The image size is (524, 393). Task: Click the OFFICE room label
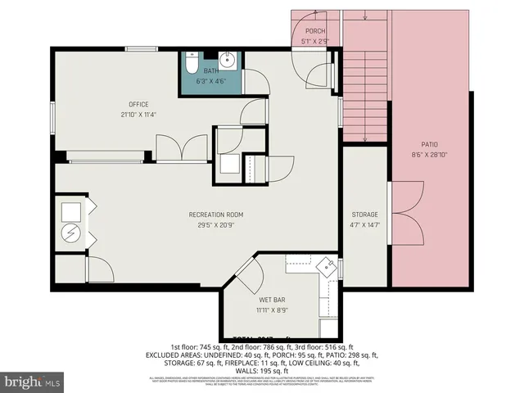coord(138,103)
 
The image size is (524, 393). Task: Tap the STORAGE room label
coord(364,215)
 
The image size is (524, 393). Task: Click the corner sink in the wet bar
coord(327,266)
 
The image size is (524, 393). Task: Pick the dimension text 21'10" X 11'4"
coord(138,114)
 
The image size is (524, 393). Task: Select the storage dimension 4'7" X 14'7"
coord(364,225)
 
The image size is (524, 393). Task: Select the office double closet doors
coord(182,148)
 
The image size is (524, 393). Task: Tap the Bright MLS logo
coord(33,382)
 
